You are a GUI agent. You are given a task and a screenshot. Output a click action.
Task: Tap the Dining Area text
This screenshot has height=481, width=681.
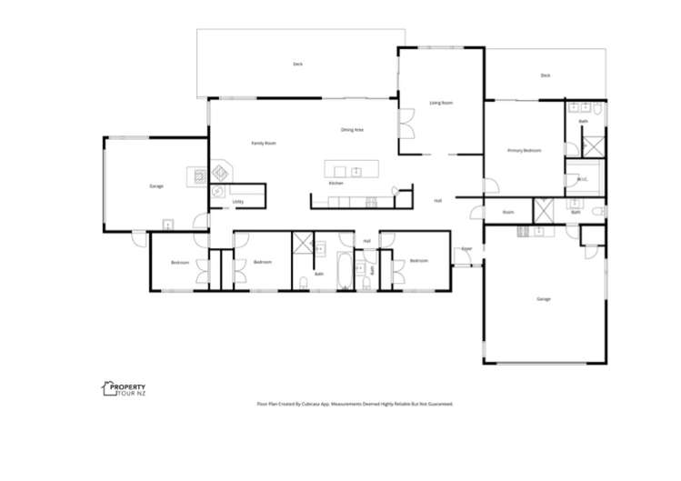pyautogui.click(x=352, y=130)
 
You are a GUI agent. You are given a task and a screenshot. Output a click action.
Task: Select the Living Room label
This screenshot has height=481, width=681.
pyautogui.click(x=441, y=103)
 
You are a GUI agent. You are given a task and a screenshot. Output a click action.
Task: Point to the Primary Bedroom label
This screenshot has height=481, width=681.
pyautogui.click(x=525, y=150)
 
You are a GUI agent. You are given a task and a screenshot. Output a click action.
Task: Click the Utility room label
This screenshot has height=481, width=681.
pyautogui.click(x=237, y=201)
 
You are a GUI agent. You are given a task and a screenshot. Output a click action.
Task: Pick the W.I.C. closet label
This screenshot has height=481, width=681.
pyautogui.click(x=583, y=179)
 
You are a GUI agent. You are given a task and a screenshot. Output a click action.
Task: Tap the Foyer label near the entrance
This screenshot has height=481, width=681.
pyautogui.click(x=466, y=247)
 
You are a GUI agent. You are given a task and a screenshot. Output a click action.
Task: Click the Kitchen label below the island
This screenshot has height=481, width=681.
pyautogui.click(x=335, y=184)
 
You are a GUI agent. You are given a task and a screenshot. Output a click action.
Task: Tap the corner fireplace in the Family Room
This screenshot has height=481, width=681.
pyautogui.click(x=221, y=172)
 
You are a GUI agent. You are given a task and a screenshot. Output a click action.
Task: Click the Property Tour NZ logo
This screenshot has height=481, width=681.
pyautogui.click(x=122, y=390)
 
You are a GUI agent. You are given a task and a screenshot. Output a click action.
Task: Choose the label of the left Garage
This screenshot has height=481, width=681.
pyautogui.click(x=156, y=185)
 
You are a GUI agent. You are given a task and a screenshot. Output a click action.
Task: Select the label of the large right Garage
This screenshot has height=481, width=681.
pyautogui.click(x=544, y=298)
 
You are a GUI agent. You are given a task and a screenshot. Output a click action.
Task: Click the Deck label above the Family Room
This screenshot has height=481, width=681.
pyautogui.click(x=297, y=64)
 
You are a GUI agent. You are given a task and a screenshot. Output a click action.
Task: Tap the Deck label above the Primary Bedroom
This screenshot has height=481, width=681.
pyautogui.click(x=546, y=75)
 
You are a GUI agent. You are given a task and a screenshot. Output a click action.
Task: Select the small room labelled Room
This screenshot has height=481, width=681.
pyautogui.click(x=508, y=212)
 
